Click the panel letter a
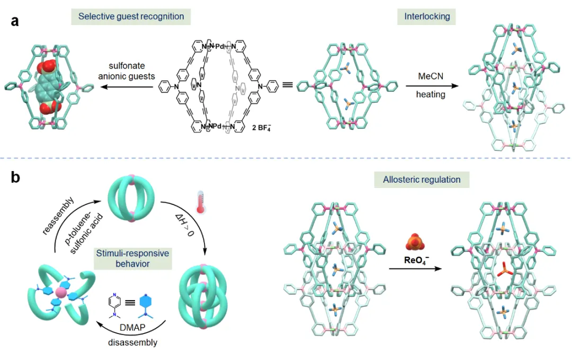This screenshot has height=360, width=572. (x=15, y=22)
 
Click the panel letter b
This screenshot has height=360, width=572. (x=16, y=177)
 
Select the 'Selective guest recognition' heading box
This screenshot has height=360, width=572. (x=131, y=16)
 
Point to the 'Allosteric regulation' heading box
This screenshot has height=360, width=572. (x=422, y=179)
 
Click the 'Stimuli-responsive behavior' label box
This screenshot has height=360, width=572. (x=132, y=258)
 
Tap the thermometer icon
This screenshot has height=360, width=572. (x=201, y=202)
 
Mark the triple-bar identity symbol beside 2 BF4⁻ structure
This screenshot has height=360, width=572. (x=288, y=84)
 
